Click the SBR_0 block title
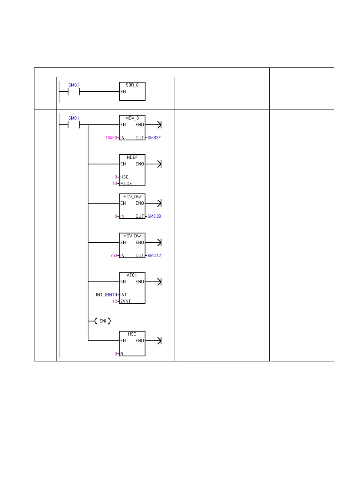(x=132, y=85)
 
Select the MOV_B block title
(x=132, y=118)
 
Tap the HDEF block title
(x=132, y=158)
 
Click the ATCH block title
(x=132, y=275)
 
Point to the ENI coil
(x=103, y=321)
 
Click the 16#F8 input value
(x=111, y=138)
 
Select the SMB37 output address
(x=154, y=138)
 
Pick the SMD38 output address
(x=154, y=216)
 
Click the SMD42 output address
(x=154, y=256)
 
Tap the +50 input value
(x=113, y=256)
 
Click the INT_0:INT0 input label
(x=106, y=295)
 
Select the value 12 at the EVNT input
(x=115, y=302)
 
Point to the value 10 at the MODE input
(x=115, y=184)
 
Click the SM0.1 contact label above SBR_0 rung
(x=74, y=85)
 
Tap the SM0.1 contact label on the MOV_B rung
(x=74, y=118)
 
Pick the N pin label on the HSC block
(x=122, y=354)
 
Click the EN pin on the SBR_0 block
(x=123, y=92)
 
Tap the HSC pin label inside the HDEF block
(x=124, y=177)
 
